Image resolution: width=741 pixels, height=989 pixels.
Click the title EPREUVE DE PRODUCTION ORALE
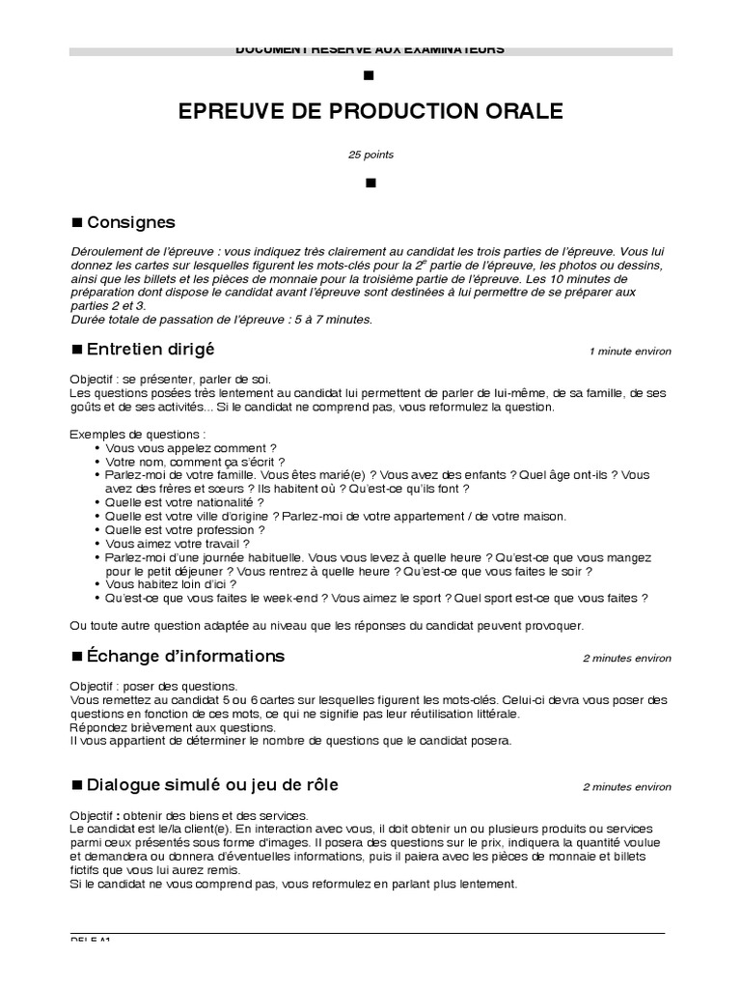pyautogui.click(x=370, y=112)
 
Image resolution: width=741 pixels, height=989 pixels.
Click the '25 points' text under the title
pyautogui.click(x=370, y=155)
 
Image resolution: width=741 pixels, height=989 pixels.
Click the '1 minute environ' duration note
pyautogui.click(x=630, y=352)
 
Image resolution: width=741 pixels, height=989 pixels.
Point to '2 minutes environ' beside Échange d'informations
pyautogui.click(x=626, y=659)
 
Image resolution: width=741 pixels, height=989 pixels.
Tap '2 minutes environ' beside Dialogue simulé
pyautogui.click(x=626, y=786)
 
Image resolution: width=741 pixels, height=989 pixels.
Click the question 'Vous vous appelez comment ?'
pyautogui.click(x=191, y=449)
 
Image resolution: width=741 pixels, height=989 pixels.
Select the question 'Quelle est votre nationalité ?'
pyautogui.click(x=184, y=503)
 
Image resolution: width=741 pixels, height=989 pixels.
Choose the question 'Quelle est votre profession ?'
pyautogui.click(x=185, y=530)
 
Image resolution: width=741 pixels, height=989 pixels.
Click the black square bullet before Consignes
pyautogui.click(x=78, y=223)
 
